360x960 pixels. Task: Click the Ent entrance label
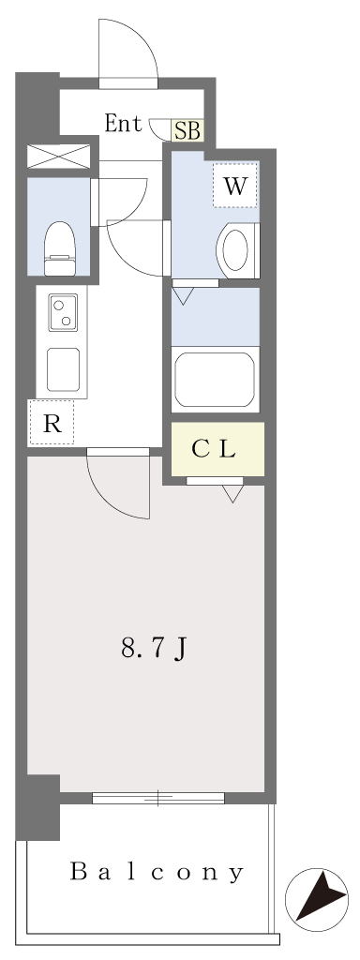tap(123, 124)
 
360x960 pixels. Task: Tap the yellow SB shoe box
tap(187, 131)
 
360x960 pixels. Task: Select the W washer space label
tap(235, 186)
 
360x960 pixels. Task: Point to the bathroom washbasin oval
tap(235, 249)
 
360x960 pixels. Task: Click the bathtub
tap(215, 379)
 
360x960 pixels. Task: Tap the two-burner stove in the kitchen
tap(63, 312)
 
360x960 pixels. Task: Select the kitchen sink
tap(63, 369)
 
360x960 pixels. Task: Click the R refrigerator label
tap(52, 425)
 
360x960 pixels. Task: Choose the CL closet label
tap(213, 450)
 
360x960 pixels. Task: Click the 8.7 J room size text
tap(154, 649)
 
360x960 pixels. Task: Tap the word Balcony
tap(157, 872)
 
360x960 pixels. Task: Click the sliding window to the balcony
tap(158, 798)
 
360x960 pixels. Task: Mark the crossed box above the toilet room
tap(59, 157)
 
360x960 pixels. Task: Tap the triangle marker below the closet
tap(232, 493)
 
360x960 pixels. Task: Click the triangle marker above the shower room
tap(182, 296)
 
